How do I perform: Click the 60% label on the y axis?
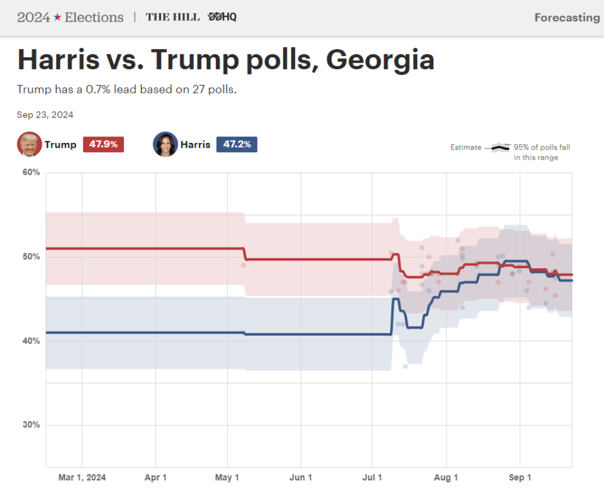31,173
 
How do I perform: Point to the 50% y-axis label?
31,257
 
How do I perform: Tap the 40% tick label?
31,341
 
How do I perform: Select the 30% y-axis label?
31,425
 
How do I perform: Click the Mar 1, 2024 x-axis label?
82,477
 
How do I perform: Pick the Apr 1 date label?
156,477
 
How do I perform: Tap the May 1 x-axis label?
228,477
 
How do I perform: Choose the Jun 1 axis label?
301,477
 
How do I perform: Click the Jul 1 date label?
372,477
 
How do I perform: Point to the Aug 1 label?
447,477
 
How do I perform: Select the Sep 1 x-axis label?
520,477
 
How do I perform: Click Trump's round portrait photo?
29,144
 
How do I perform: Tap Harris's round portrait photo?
165,144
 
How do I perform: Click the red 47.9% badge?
103,145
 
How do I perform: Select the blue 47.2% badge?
237,145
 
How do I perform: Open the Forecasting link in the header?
567,18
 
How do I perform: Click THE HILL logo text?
173,17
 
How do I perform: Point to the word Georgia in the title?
380,60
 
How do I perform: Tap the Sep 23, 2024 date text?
45,115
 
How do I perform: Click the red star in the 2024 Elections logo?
57,17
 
